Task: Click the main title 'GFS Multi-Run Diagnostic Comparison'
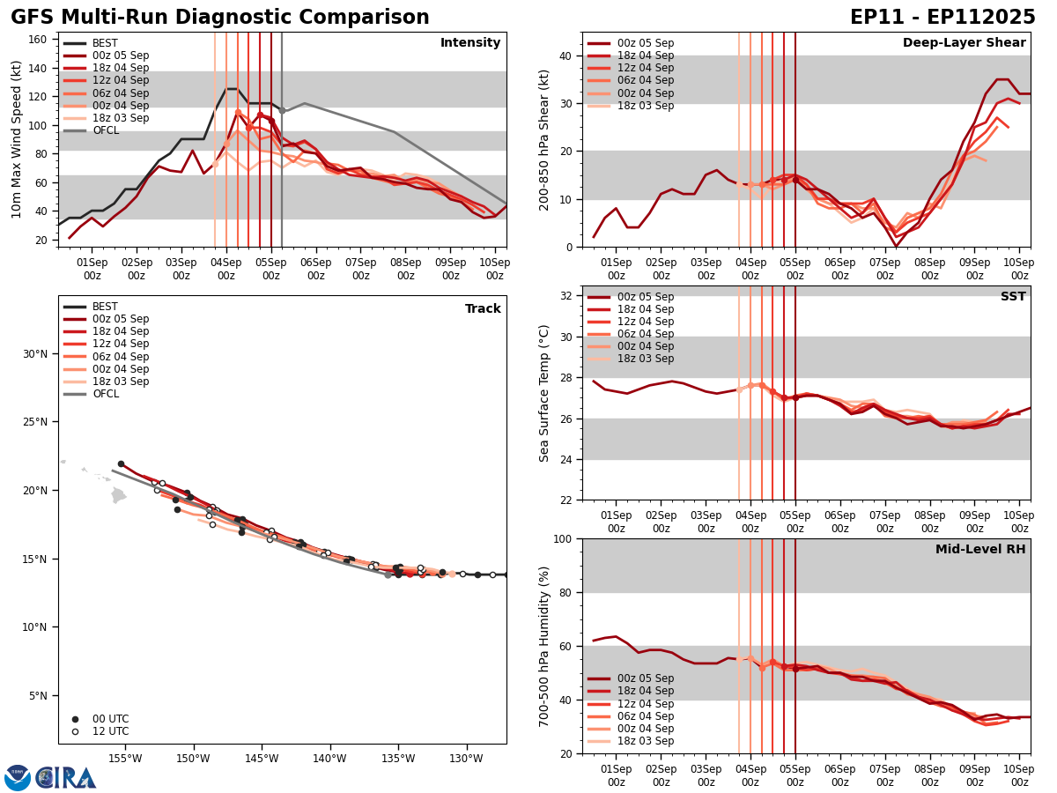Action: [x=220, y=18]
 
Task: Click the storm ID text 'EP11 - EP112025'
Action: [x=942, y=18]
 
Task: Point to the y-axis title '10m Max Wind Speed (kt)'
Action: [x=17, y=139]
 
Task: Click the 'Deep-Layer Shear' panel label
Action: [x=964, y=43]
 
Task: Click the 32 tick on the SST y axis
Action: [x=567, y=296]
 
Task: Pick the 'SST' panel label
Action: [x=1013, y=297]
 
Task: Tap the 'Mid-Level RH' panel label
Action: [x=980, y=550]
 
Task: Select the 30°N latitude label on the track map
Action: [x=35, y=354]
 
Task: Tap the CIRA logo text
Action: [x=66, y=778]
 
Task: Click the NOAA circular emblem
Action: [x=18, y=778]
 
